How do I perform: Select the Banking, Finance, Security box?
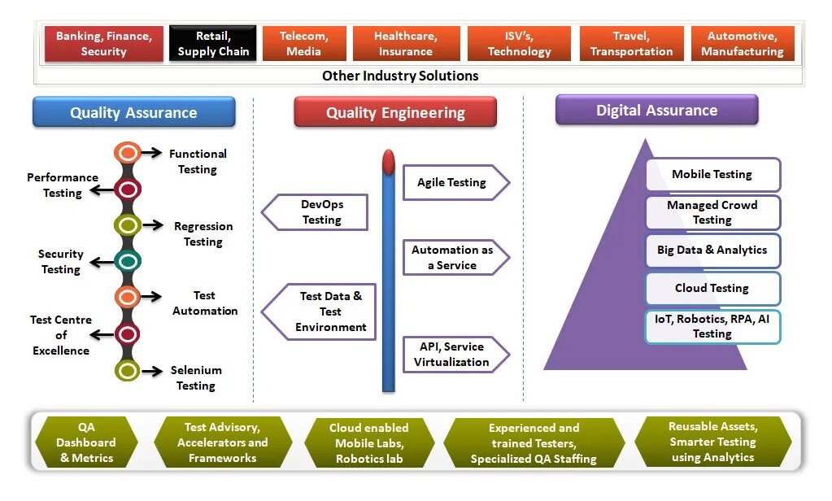point(103,44)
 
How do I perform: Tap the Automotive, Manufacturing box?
point(742,44)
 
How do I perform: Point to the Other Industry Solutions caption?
point(400,76)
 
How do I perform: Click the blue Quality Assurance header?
point(133,112)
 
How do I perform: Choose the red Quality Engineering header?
point(395,112)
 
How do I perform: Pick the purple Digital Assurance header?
point(656,110)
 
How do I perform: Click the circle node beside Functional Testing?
point(128,152)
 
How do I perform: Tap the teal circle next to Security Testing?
point(128,261)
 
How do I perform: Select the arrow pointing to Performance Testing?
point(102,190)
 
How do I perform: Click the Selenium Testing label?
point(196,377)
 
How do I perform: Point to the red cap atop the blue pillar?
point(389,161)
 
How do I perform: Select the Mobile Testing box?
point(712,174)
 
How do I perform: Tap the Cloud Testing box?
point(712,288)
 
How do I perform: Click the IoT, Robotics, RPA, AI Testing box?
point(712,326)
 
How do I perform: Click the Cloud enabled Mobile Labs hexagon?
point(369,443)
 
